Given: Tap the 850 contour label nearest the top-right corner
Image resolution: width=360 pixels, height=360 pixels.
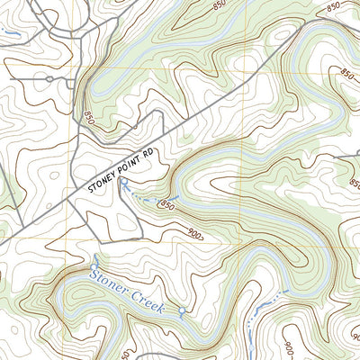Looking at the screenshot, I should pos(333,8).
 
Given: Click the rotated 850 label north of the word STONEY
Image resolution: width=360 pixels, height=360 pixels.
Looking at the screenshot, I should pos(88,117).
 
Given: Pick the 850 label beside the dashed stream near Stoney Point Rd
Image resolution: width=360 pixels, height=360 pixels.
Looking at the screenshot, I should pos(166,206).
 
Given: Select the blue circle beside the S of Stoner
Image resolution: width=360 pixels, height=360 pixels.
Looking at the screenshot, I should pos(92,261).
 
